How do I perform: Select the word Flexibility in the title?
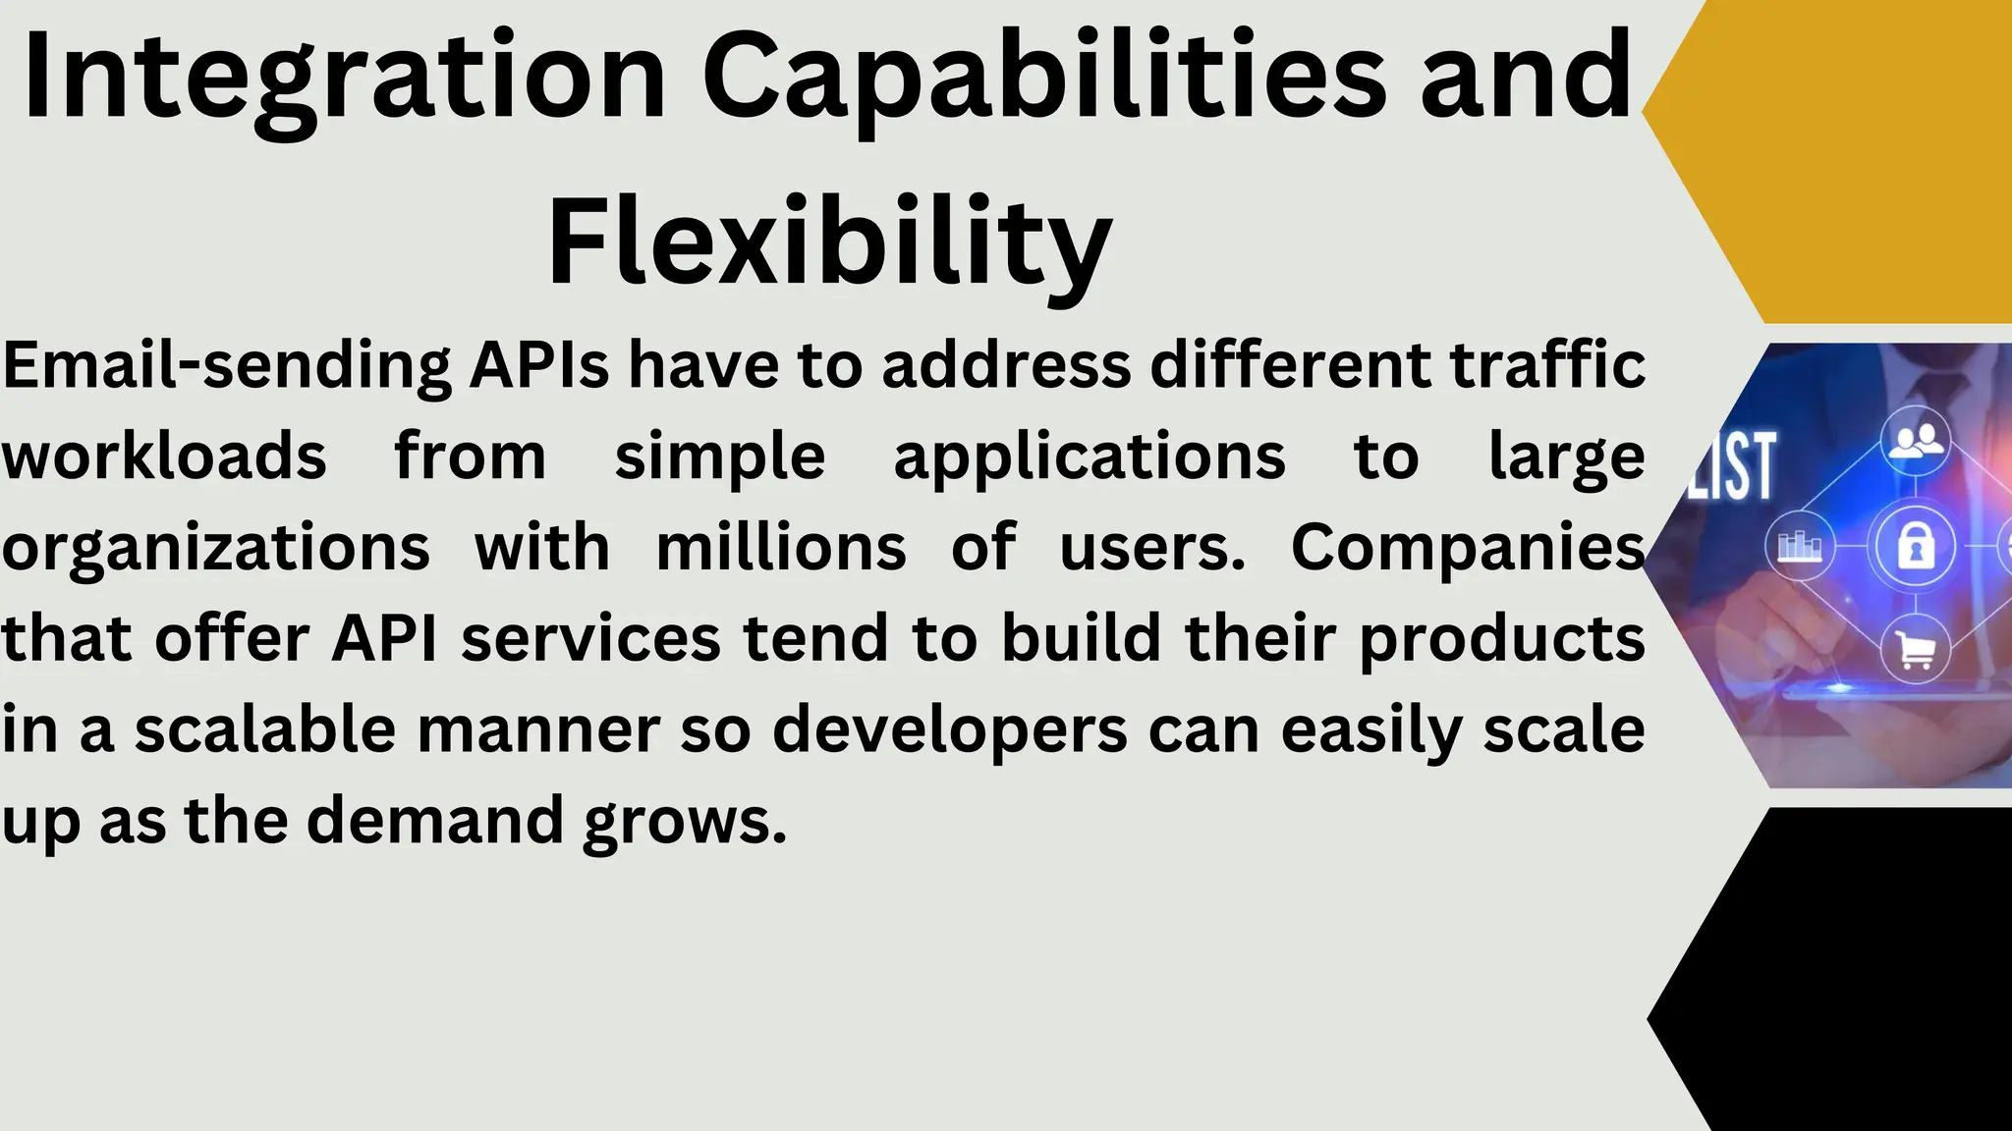[829, 242]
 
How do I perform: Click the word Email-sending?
[227, 366]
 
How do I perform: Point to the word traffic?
[1547, 364]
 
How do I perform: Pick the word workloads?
[164, 457]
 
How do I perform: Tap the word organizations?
[216, 548]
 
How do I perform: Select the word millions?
[781, 547]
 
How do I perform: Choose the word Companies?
[1468, 547]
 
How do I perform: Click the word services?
[590, 638]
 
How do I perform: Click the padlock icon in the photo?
[1915, 546]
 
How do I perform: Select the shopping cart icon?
[1915, 650]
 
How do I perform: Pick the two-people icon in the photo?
[1915, 441]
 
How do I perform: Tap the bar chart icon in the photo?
[1800, 545]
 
